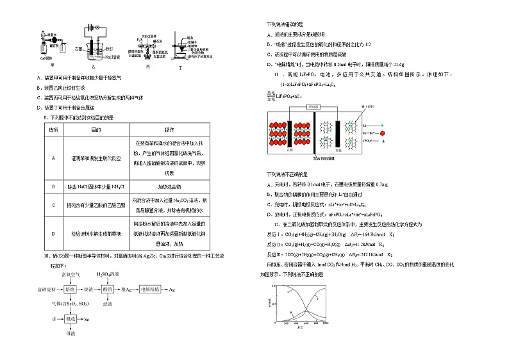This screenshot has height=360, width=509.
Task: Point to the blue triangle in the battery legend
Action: (382, 140)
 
